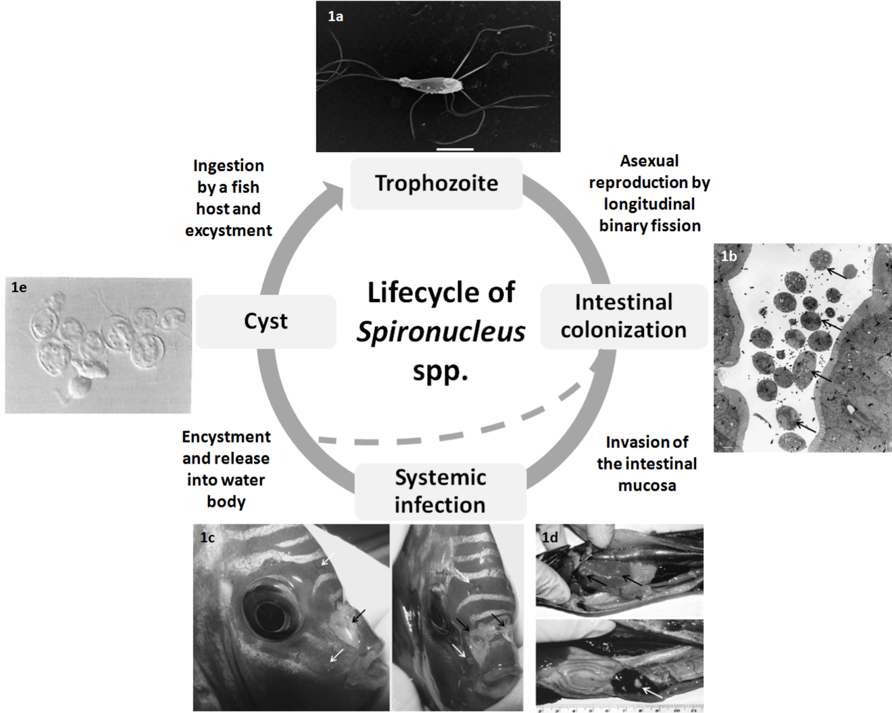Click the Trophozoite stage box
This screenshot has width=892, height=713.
point(437,183)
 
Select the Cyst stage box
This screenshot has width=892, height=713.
point(266,321)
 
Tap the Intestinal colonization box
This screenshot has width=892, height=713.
point(623,316)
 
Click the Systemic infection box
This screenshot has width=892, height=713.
point(440,491)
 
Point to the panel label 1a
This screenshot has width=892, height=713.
point(335,16)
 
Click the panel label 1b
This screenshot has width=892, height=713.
point(728,256)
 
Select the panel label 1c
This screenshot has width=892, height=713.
point(207,537)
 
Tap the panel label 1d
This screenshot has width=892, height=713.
point(550,537)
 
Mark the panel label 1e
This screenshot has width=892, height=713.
point(19,287)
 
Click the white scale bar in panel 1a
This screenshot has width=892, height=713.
point(455,149)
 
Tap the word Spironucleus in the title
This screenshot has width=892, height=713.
point(441,332)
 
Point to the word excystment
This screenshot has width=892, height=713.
point(228,230)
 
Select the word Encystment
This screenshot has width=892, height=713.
point(226,437)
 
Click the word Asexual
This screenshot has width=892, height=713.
point(649,161)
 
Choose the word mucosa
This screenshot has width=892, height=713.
point(647,485)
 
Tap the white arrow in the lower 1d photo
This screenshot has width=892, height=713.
point(651,691)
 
